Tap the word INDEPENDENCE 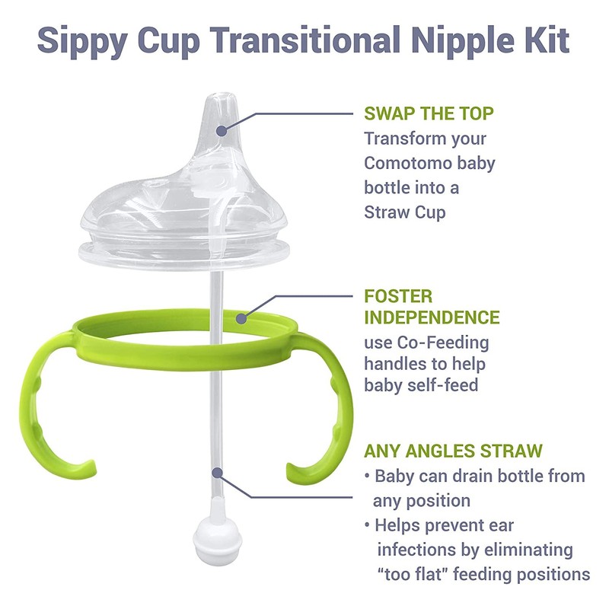432,317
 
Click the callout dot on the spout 222,130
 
